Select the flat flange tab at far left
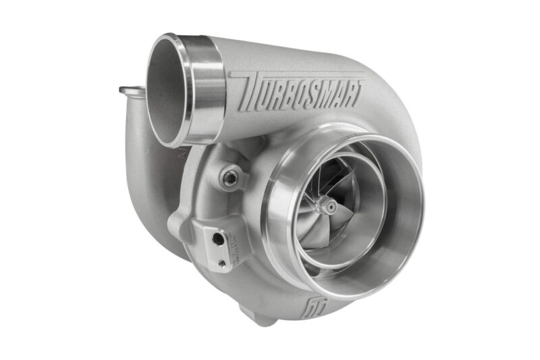pyautogui.click(x=132, y=91)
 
